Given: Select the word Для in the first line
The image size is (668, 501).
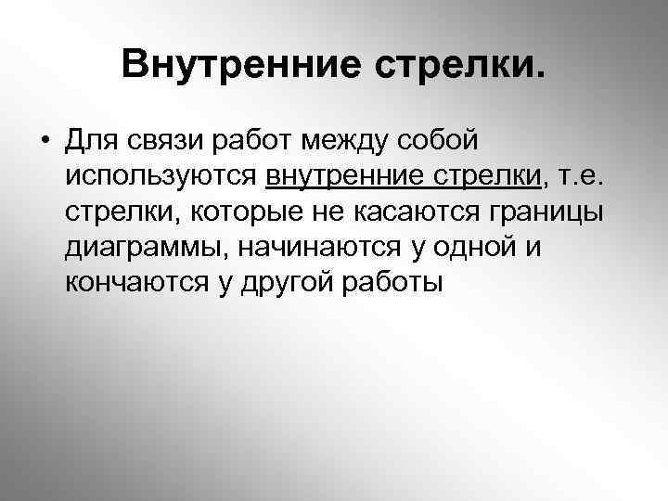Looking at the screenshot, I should tap(90, 141).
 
